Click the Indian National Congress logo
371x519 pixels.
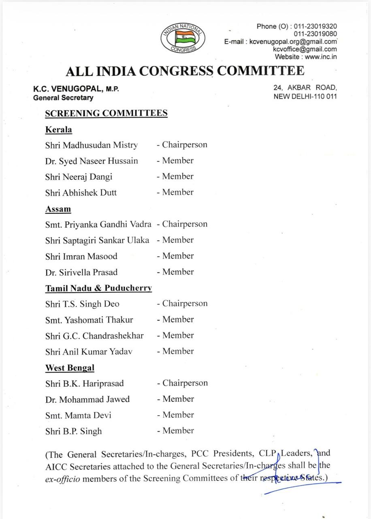click(183, 38)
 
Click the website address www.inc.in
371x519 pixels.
click(321, 57)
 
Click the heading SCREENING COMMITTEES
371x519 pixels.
click(106, 113)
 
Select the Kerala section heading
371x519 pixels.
click(59, 130)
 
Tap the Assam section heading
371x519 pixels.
click(58, 209)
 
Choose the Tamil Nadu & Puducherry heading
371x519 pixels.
click(98, 288)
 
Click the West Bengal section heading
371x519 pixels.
click(70, 368)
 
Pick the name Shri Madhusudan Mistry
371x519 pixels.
click(92, 145)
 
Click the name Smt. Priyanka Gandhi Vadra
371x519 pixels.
click(98, 224)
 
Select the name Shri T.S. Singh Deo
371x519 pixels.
click(82, 304)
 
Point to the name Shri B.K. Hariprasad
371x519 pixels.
click(85, 383)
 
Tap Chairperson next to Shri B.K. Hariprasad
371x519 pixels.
click(185, 383)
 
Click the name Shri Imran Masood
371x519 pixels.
click(81, 256)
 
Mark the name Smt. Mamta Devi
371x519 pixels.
click(78, 415)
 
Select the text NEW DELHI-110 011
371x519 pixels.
click(305, 97)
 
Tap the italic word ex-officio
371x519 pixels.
click(63, 478)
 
